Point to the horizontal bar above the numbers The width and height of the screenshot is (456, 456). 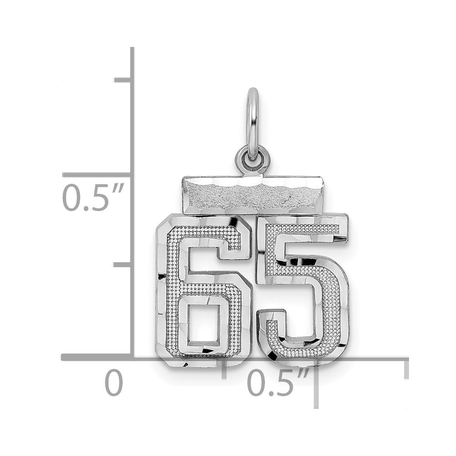click(253, 195)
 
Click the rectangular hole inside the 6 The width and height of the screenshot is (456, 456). click(203, 323)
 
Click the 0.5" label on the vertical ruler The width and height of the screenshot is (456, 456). click(93, 197)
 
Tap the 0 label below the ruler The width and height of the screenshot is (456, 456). click(114, 382)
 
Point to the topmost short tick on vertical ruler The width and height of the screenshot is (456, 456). click(122, 80)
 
